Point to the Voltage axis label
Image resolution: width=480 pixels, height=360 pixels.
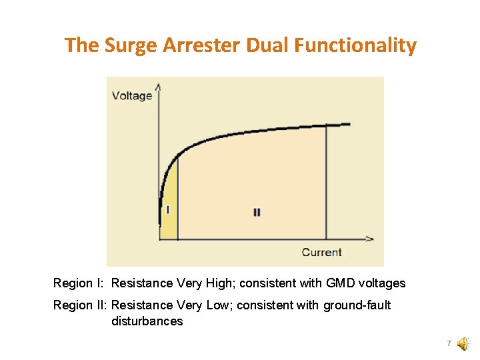(132, 95)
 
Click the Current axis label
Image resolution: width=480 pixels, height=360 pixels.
(321, 252)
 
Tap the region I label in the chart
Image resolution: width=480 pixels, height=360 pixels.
(168, 209)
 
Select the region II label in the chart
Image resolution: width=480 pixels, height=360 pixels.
(257, 213)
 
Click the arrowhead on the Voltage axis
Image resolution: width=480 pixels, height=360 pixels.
(158, 86)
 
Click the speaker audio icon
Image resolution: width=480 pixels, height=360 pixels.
(462, 343)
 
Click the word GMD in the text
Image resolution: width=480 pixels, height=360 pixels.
(341, 283)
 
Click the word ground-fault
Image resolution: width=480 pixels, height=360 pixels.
(357, 305)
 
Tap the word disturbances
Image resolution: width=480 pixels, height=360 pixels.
(147, 321)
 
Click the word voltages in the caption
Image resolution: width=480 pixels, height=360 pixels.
(383, 283)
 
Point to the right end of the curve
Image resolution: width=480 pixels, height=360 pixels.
(349, 124)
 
